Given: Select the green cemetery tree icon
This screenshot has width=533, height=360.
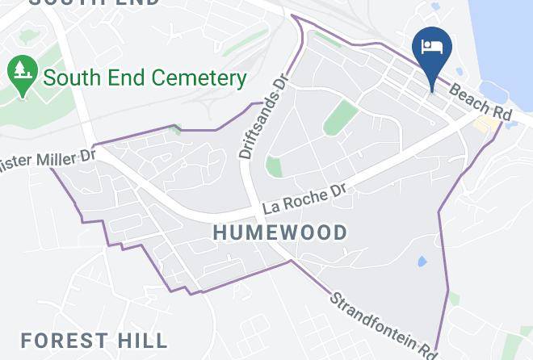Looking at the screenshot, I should [23, 74].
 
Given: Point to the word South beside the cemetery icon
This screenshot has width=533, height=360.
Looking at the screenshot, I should [70, 78].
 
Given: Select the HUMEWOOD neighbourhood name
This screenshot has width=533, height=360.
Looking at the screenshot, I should [280, 232].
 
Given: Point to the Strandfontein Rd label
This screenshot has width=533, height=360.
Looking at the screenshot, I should [383, 323].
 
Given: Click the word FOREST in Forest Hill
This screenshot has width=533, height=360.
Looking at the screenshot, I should [68, 341].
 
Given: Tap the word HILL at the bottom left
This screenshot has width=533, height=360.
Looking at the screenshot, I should [145, 341].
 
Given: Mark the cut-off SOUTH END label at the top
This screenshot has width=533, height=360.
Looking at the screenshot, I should [94, 2].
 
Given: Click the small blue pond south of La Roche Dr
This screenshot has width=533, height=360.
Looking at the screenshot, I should [421, 262].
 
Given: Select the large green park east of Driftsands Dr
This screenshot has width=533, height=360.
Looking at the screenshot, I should [341, 119].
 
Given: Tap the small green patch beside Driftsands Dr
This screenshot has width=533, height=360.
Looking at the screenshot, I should [275, 167].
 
